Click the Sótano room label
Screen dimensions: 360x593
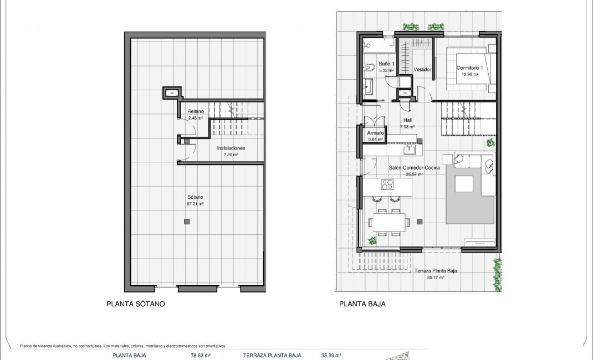(195, 197)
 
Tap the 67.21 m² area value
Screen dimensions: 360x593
(195, 204)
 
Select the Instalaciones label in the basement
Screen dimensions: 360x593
(231, 148)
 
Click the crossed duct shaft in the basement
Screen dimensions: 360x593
(172, 92)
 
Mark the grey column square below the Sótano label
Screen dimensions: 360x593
(187, 222)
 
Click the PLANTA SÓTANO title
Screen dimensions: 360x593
(135, 304)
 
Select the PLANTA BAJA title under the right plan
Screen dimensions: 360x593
(362, 304)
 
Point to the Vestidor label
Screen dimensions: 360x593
(423, 70)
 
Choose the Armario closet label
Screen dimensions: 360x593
(376, 133)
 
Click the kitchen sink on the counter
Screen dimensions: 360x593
(410, 149)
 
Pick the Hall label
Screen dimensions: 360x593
(407, 120)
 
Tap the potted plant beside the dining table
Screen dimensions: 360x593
(371, 240)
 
